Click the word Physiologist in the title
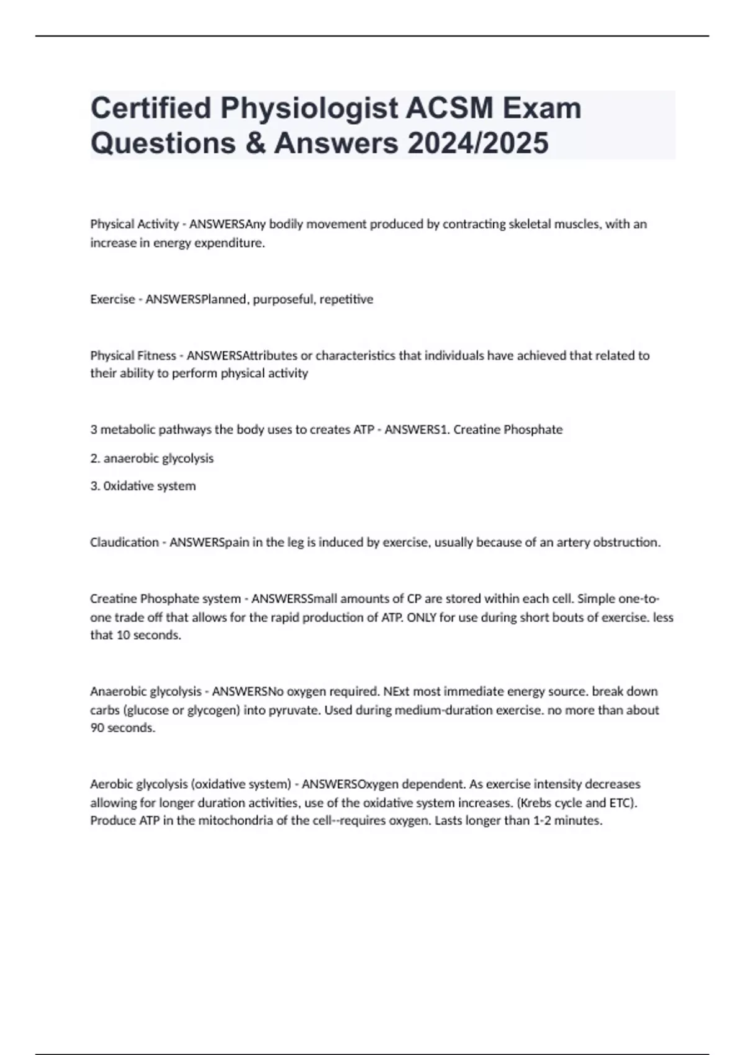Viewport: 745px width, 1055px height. (309, 109)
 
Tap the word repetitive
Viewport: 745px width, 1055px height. (346, 299)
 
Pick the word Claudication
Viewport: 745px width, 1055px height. (124, 542)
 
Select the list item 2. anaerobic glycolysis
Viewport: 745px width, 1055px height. (151, 459)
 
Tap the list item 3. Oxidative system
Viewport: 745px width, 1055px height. (143, 486)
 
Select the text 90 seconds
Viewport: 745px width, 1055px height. (123, 728)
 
